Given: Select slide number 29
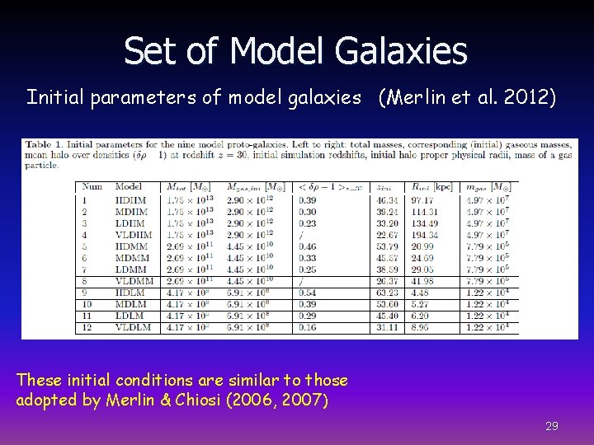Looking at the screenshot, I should pyautogui.click(x=552, y=426).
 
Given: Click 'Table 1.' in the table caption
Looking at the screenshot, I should pyautogui.click(x=49, y=146).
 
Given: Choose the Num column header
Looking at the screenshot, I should pyautogui.click(x=92, y=186).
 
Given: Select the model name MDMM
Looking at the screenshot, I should pyautogui.click(x=131, y=257).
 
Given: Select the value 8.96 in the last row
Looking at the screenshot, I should pyautogui.click(x=420, y=326).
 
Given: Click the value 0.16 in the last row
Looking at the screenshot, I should pyautogui.click(x=306, y=326).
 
